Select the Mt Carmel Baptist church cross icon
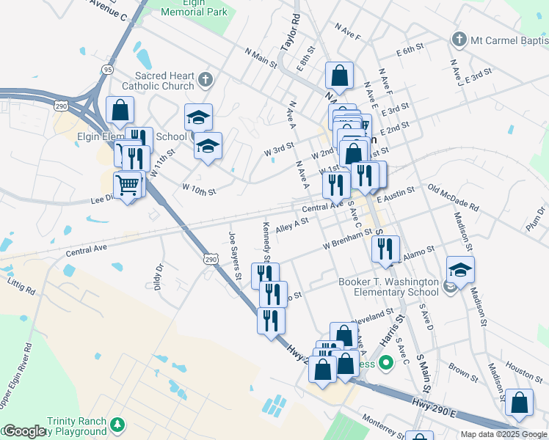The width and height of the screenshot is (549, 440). tap(460, 38)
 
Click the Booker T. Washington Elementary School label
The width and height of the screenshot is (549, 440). tap(388, 287)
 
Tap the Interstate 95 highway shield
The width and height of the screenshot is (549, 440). tap(108, 70)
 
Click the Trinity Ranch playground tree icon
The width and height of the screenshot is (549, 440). tap(117, 425)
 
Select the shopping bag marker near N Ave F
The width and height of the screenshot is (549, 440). tap(341, 75)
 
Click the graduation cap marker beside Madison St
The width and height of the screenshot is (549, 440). tap(460, 271)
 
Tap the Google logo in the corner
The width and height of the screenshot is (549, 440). tap(24, 431)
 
